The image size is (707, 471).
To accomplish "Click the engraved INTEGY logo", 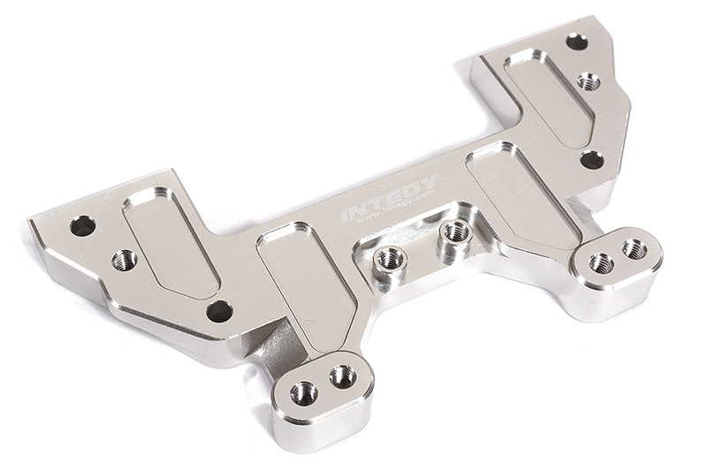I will pyautogui.click(x=389, y=199).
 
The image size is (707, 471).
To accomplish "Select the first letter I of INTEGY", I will pyautogui.click(x=346, y=215).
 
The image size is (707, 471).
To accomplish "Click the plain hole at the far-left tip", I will pyautogui.click(x=82, y=225).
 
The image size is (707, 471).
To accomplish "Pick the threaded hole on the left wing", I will pyautogui.click(x=125, y=260).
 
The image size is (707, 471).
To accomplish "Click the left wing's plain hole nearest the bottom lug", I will pyautogui.click(x=219, y=311).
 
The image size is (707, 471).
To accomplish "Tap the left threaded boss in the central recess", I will pyautogui.click(x=388, y=259).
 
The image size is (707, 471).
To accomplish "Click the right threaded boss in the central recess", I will pyautogui.click(x=455, y=232).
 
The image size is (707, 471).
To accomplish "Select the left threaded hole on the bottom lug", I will pyautogui.click(x=304, y=392).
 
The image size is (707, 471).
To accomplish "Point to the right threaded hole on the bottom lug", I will pyautogui.click(x=342, y=377).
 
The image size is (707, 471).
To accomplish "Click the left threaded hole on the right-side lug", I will pyautogui.click(x=601, y=262).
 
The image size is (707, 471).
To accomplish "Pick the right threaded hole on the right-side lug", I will pyautogui.click(x=634, y=249).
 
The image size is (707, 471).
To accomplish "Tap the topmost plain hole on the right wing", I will pyautogui.click(x=576, y=42).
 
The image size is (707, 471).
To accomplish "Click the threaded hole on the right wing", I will pyautogui.click(x=589, y=81).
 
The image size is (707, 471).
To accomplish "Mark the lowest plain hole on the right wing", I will pyautogui.click(x=591, y=160).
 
